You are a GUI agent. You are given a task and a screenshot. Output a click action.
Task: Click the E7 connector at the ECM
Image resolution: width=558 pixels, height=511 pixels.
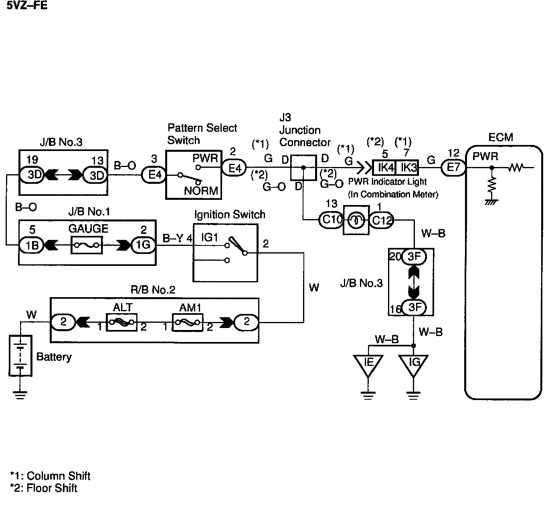[x=453, y=167]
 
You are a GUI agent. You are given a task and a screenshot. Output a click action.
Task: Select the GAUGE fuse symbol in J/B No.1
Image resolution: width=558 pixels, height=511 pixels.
[x=87, y=245]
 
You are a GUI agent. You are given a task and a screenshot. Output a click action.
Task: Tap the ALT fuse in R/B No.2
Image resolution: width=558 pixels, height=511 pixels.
[x=121, y=322]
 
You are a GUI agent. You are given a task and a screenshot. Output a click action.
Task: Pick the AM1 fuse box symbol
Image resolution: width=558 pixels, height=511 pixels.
[x=188, y=322]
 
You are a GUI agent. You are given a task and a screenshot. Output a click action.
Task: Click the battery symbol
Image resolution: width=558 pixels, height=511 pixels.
[x=20, y=356]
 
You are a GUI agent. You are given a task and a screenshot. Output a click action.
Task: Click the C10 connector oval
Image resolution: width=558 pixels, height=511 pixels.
[x=331, y=219]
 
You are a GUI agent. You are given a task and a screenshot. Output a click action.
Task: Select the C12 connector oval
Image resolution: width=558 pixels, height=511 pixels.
[x=381, y=220]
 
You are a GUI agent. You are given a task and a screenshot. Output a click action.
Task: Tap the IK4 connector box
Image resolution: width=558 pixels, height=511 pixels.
[x=384, y=167]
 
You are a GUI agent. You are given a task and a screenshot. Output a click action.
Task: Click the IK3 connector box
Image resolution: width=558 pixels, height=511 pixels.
[x=407, y=167]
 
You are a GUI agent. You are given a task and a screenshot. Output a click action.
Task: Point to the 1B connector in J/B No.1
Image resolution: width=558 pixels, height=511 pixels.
[x=31, y=245]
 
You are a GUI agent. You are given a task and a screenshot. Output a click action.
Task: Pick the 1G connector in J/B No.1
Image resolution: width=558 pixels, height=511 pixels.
[x=143, y=245]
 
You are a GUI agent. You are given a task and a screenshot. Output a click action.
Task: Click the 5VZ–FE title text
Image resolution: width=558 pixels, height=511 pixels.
[x=27, y=5]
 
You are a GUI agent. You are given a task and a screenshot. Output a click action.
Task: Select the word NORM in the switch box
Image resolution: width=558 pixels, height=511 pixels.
[x=201, y=191]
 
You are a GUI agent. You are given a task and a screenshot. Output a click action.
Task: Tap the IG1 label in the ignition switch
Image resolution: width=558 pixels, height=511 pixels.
[x=209, y=237]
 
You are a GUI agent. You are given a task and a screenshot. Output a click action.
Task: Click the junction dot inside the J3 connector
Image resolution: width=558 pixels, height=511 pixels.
[x=303, y=167]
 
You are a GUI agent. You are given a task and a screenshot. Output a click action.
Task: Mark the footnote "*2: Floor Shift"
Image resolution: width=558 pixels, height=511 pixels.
[x=44, y=488]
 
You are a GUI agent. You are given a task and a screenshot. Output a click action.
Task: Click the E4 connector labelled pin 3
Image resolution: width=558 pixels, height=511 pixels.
[x=154, y=175]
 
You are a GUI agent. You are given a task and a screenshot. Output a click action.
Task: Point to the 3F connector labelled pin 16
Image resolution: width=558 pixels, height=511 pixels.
[x=414, y=307]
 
